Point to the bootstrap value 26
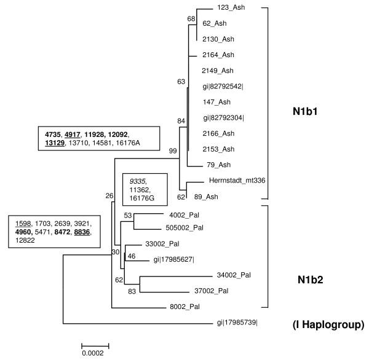[109, 197]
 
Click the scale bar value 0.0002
[95, 354]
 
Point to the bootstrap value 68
[191, 18]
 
